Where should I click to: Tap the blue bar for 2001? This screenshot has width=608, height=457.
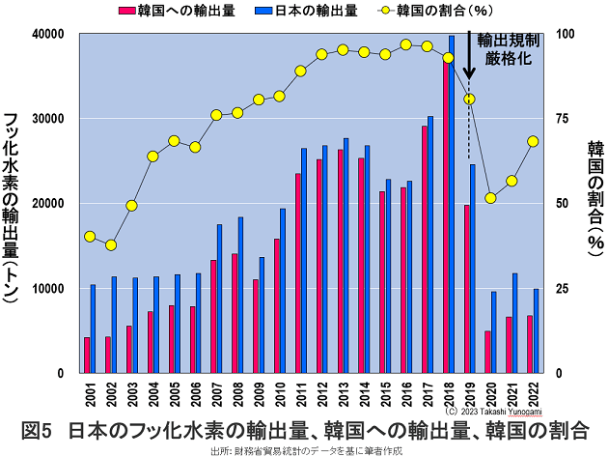pyautogui.click(x=93, y=328)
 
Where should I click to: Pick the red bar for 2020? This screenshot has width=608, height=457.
pyautogui.click(x=487, y=352)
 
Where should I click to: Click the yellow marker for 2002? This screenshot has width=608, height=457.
pyautogui.click(x=111, y=245)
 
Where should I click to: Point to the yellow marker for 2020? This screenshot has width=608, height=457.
pyautogui.click(x=491, y=198)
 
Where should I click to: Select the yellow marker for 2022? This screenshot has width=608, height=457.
pyautogui.click(x=533, y=141)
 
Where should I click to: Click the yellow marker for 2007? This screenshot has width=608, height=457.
pyautogui.click(x=216, y=115)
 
